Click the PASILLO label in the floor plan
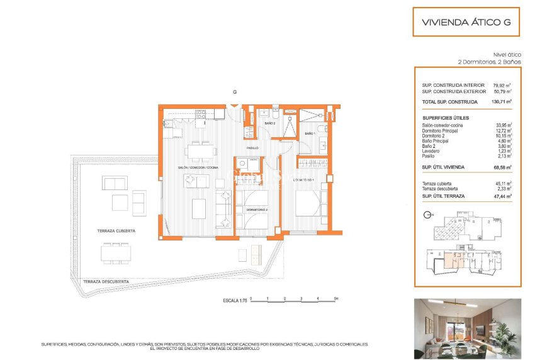pyautogui.click(x=252, y=148)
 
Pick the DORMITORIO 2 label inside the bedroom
pyautogui.click(x=257, y=209)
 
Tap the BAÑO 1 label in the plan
pyautogui.click(x=310, y=134)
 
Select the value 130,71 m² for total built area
pyautogui.click(x=501, y=101)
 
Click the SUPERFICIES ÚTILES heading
pyautogui.click(x=446, y=118)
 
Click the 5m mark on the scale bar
pyautogui.click(x=337, y=298)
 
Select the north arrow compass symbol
pyautogui.click(x=428, y=215)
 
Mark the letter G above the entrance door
pyautogui.click(x=234, y=92)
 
